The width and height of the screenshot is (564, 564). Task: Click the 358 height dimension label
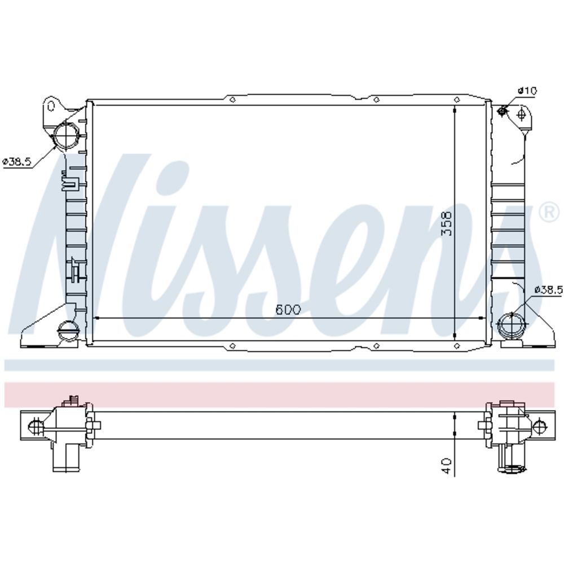coord(446,223)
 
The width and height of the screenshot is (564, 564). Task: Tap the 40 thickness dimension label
coord(446,466)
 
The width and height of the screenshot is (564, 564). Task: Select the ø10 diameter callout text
coord(527,90)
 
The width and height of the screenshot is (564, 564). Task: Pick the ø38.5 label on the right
coord(548,289)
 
